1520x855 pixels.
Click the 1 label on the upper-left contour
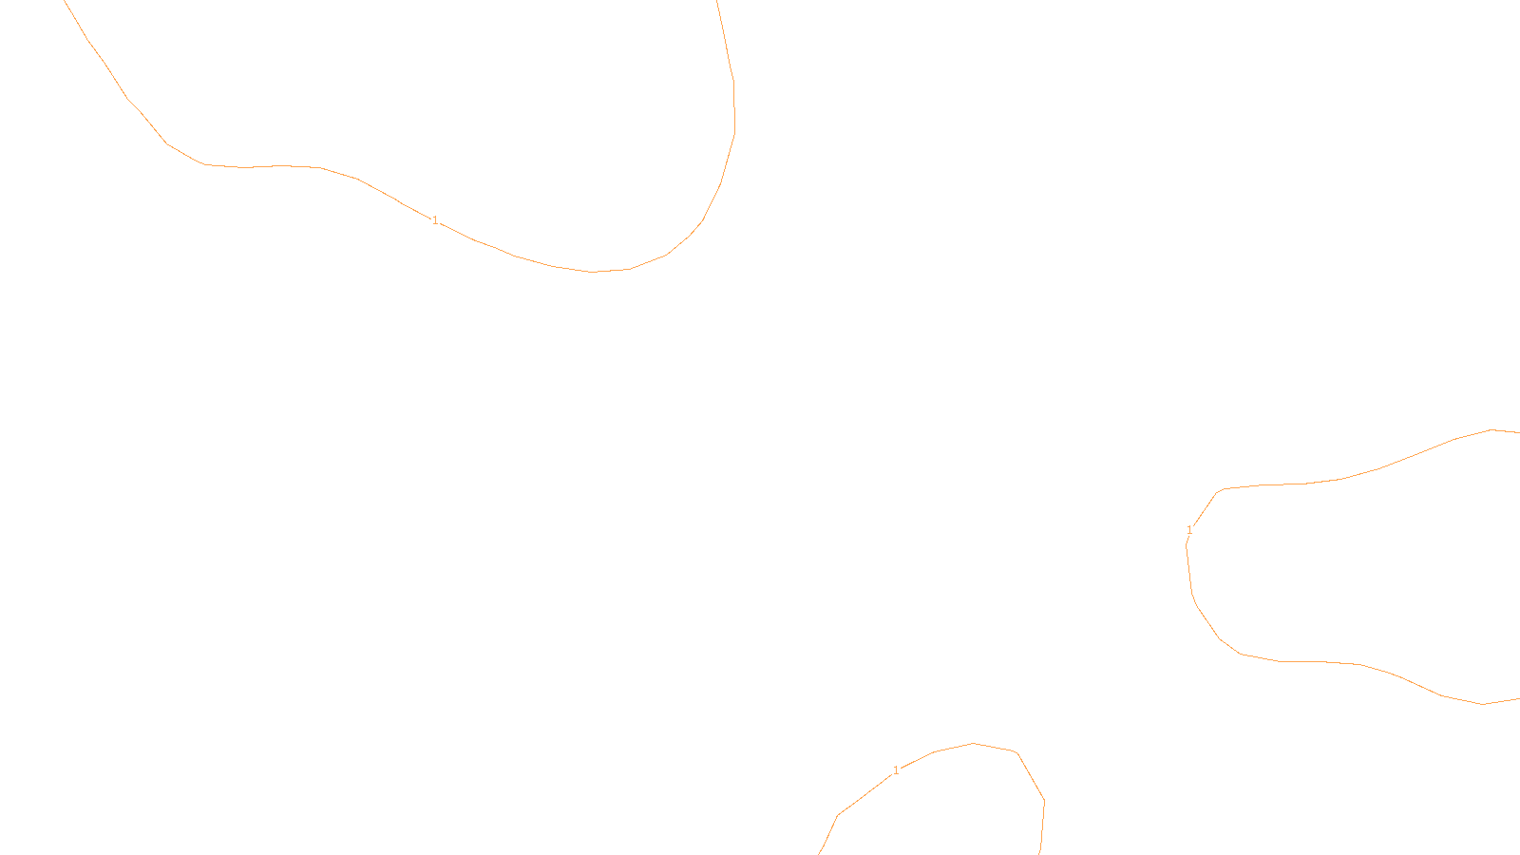435,220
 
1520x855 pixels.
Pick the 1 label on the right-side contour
1189,530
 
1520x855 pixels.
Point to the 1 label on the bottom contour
896,770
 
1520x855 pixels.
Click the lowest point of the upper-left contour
592,272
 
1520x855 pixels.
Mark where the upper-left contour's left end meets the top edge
65,1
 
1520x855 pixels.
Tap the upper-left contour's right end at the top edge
717,1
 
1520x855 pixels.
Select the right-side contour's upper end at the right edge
1518,432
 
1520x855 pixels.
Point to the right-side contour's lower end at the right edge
1518,699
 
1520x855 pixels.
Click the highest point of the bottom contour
973,743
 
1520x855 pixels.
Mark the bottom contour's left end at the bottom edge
820,853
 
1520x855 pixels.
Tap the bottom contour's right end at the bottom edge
1040,853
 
